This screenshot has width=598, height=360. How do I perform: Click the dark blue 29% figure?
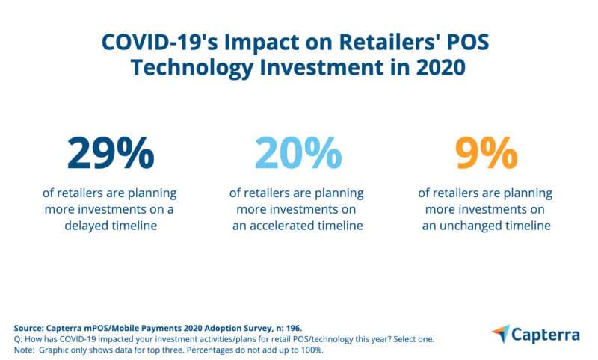tap(111, 153)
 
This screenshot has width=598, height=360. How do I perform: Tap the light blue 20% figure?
tap(298, 153)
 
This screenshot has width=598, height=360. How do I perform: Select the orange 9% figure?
tap(487, 153)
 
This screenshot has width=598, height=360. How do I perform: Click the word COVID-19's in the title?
tap(160, 42)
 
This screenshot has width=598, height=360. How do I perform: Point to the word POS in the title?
tap(468, 42)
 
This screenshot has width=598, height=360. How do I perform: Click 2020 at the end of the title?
tap(440, 67)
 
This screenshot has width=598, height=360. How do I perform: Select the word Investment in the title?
tap(321, 67)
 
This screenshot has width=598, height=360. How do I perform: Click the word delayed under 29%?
tap(87, 226)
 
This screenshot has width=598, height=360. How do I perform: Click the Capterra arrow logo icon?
tap(500, 334)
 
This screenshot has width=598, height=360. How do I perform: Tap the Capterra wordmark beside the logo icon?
tap(546, 335)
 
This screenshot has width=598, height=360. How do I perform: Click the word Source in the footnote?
tap(28, 328)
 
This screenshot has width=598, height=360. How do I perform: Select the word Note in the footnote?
tap(23, 350)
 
